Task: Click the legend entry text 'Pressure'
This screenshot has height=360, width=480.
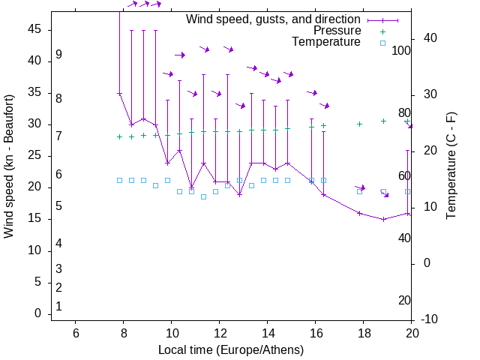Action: coord(337,31)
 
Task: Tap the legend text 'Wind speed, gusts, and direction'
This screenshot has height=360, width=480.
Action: coord(274,19)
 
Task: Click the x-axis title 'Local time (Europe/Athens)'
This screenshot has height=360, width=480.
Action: coord(231,350)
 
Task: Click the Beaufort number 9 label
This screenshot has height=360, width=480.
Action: coord(58,55)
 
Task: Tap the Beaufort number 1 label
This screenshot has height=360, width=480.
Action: coord(58,307)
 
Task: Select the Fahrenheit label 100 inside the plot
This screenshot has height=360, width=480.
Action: coord(401,50)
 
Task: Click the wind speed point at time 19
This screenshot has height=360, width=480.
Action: coord(384,219)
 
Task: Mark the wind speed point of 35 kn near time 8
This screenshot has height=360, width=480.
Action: coord(119,93)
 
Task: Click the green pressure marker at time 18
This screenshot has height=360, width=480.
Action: coord(360,124)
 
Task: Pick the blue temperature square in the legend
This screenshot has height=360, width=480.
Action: coord(382,43)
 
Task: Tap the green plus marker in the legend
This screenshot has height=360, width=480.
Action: coord(382,31)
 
